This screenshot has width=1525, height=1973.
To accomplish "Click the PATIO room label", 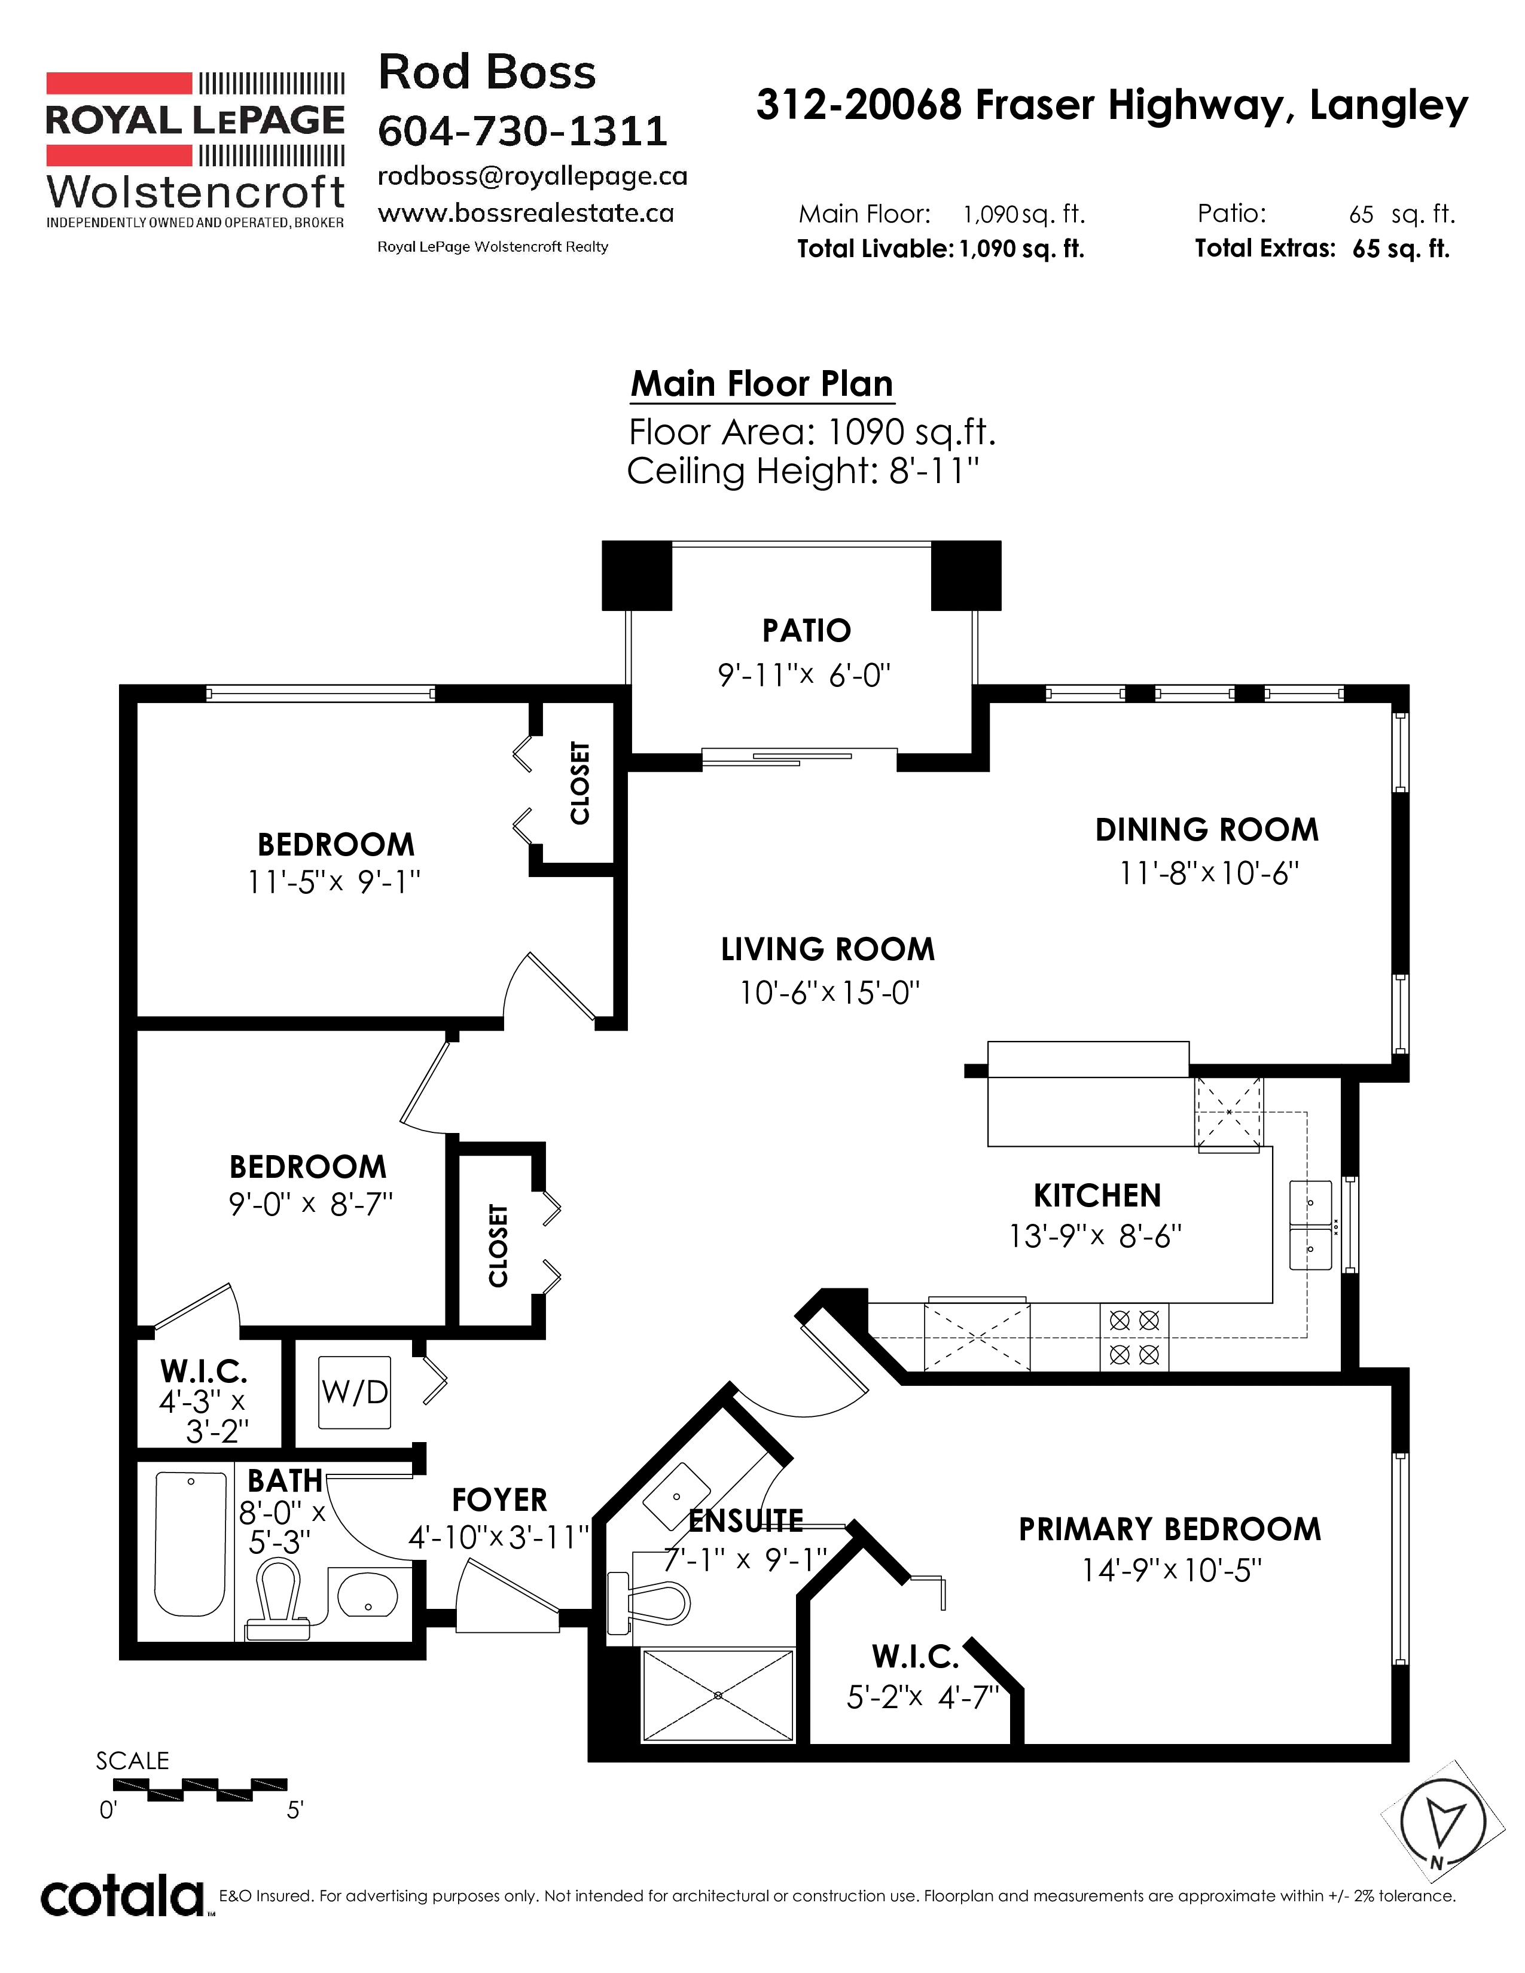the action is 806,631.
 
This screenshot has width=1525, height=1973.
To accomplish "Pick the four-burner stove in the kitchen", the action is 1134,1337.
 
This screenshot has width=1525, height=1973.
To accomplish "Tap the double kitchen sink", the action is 1310,1225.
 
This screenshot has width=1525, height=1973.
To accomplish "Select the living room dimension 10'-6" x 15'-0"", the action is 829,993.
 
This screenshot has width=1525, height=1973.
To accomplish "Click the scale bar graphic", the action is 200,1785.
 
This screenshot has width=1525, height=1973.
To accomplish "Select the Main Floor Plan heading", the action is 761,384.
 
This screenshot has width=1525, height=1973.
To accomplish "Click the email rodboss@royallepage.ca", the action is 532,176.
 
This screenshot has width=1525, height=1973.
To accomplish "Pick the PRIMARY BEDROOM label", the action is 1170,1529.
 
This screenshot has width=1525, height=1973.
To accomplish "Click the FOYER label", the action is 499,1499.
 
